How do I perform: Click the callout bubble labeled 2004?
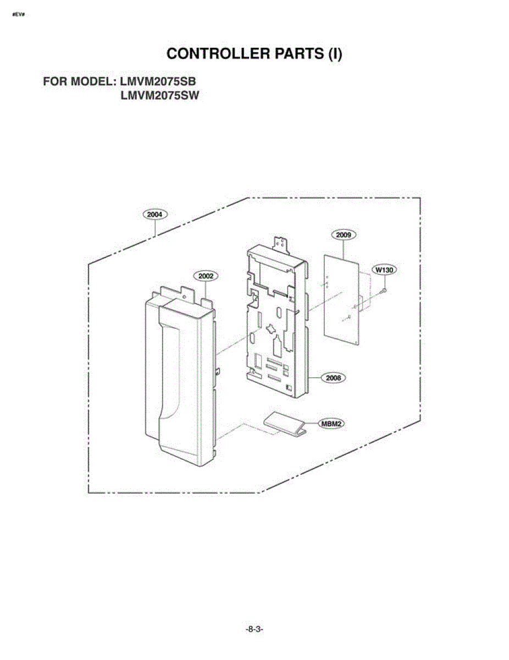click(155, 215)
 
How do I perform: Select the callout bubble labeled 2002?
click(206, 276)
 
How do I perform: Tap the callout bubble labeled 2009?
click(344, 235)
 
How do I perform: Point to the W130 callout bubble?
click(384, 269)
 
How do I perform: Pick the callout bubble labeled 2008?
click(333, 378)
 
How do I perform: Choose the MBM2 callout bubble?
click(331, 424)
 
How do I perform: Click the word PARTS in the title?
click(299, 53)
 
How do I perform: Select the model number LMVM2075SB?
click(158, 81)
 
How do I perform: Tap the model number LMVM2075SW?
click(159, 96)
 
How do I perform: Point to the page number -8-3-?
click(254, 629)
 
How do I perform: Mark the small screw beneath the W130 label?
click(383, 291)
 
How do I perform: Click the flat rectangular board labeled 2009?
click(341, 300)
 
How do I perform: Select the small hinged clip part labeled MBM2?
click(285, 425)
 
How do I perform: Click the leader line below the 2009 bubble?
click(344, 250)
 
